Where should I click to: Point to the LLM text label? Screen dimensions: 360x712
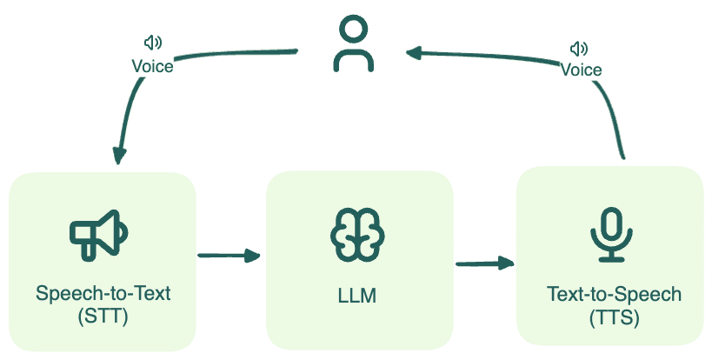[356, 297]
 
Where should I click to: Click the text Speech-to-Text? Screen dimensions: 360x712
[103, 293]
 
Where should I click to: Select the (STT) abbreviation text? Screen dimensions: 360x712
[103, 316]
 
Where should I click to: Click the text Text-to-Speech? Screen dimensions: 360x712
[614, 295]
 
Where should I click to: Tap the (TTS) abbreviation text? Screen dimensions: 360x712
[614, 318]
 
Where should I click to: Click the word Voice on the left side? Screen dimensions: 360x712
[152, 66]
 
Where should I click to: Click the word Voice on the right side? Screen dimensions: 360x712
[581, 69]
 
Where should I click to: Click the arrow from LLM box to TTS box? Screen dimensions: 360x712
[484, 263]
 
